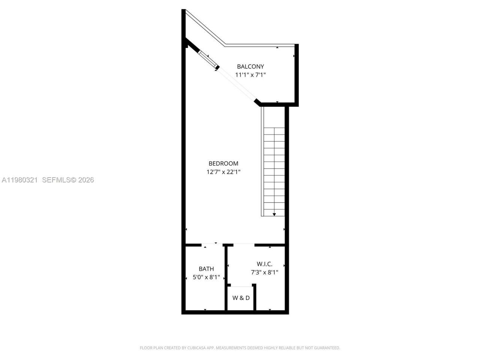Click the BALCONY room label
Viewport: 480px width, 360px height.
(250, 66)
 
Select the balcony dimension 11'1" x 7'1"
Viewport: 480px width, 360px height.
(250, 75)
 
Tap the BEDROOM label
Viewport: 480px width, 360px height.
(223, 163)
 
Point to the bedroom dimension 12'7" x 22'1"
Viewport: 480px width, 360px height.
(223, 172)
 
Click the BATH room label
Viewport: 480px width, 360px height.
(206, 269)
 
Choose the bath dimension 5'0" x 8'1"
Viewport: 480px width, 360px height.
(206, 277)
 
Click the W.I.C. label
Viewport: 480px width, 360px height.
(264, 264)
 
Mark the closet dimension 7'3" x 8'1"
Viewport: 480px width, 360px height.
(264, 273)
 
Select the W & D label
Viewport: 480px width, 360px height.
(241, 298)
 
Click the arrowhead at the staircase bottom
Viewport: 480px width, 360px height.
(274, 214)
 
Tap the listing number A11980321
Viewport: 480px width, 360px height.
(19, 180)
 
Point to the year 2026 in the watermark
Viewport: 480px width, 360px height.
(86, 180)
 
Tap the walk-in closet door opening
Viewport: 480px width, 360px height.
(244, 244)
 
